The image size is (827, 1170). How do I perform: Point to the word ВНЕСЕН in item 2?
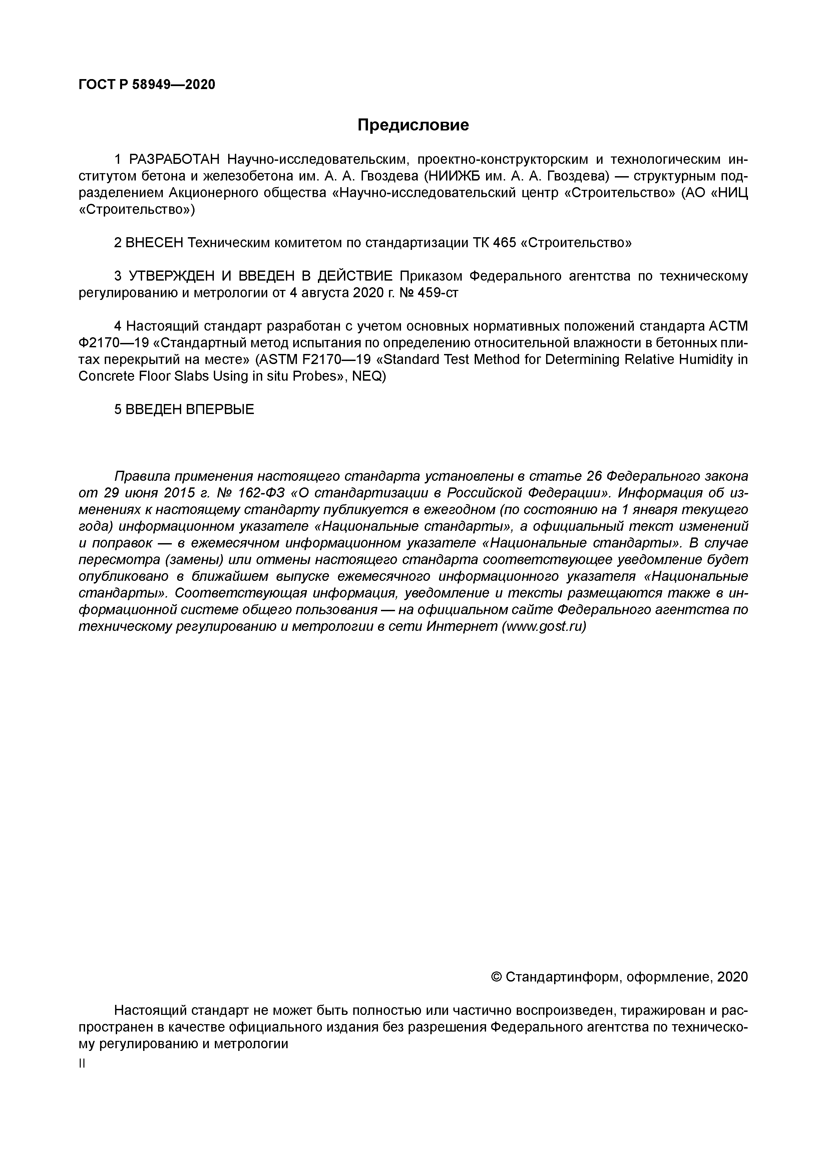[153, 243]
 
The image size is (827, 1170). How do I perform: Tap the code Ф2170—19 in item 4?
[113, 343]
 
